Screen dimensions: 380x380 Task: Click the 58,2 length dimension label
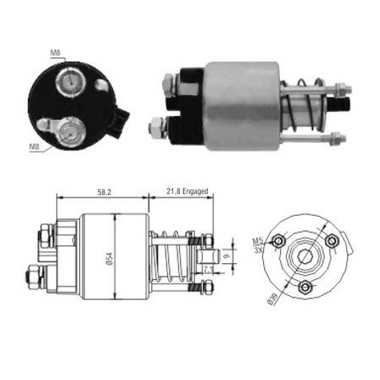[104, 193]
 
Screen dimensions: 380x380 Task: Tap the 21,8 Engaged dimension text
[187, 192]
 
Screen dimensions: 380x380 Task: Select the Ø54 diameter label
[110, 258]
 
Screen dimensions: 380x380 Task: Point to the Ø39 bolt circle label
[272, 298]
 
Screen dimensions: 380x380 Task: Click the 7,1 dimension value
[208, 270]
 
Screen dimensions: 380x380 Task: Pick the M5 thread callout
[258, 240]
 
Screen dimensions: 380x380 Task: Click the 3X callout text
[258, 250]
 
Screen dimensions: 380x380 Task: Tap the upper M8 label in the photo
[55, 53]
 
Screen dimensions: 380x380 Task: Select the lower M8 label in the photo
[34, 146]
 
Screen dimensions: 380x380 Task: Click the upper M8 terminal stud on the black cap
[71, 82]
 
